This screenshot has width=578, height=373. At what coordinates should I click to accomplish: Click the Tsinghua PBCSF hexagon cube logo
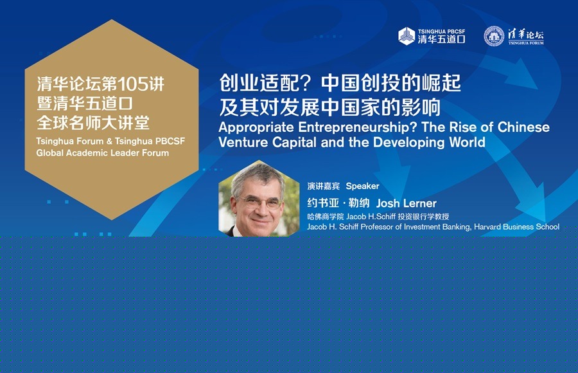pos(407,36)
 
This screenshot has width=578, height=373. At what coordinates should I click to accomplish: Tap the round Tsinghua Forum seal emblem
pos(494,36)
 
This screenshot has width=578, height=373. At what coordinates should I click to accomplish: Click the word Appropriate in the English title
pos(256,128)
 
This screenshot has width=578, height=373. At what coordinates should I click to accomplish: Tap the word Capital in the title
pos(294,143)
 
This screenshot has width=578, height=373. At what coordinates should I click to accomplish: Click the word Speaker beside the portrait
pos(362,186)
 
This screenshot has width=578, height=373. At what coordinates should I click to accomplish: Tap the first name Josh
pos(388,203)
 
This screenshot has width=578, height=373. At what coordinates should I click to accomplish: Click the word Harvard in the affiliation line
pos(487,227)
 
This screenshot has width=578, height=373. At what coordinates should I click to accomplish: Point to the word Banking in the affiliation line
pos(457,227)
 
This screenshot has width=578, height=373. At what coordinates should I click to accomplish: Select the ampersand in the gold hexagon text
pos(109,141)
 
